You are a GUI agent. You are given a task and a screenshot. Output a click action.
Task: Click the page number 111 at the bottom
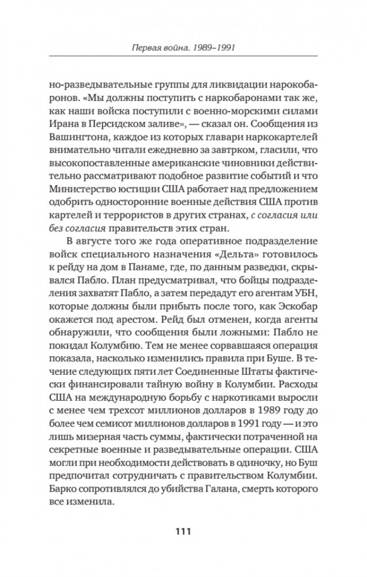pyautogui.click(x=183, y=530)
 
